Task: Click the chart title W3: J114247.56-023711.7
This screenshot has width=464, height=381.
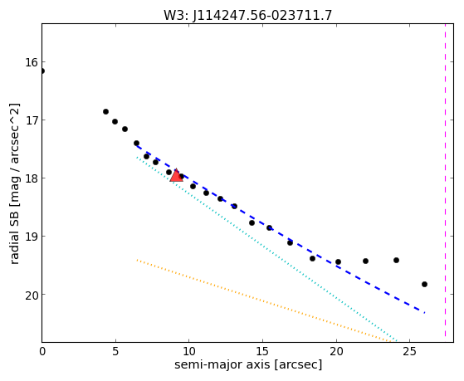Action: [247, 15]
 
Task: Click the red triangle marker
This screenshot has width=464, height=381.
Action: [176, 175]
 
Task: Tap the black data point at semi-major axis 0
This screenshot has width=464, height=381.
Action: [42, 71]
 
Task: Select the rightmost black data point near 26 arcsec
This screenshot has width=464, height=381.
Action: [424, 284]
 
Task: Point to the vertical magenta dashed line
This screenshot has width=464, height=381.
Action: [445, 183]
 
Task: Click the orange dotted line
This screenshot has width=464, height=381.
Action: [264, 300]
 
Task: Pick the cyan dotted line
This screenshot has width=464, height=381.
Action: [266, 249]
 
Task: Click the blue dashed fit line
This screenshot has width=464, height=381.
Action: [281, 229]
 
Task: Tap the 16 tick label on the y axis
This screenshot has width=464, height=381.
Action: [32, 63]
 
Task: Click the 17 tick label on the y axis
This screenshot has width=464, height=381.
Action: [32, 121]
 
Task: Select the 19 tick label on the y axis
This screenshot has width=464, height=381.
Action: [32, 237]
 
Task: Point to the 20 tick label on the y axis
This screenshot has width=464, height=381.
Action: [32, 296]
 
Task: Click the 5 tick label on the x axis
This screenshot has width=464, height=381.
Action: [115, 352]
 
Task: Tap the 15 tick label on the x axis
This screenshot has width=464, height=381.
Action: [262, 352]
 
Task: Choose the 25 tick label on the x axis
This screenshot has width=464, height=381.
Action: [409, 352]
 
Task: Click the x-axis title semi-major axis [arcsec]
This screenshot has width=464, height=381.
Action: [248, 364]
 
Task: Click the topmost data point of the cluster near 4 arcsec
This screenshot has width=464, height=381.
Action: [105, 111]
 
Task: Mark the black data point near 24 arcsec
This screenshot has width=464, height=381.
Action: [396, 260]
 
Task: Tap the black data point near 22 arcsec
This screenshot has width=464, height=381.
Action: [365, 261]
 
